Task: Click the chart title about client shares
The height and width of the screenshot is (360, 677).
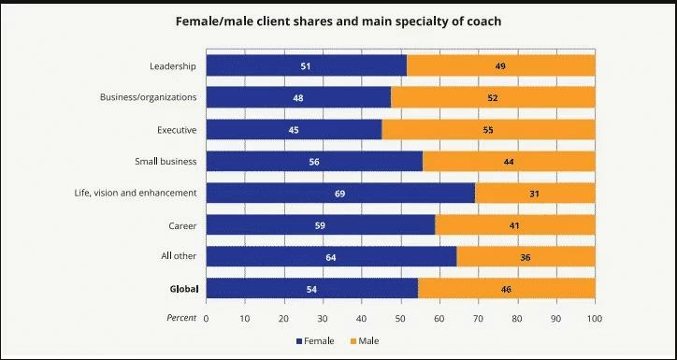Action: pos(338,21)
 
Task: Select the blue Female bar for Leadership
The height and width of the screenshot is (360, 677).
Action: pos(306,65)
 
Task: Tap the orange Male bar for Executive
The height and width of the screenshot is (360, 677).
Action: pos(488,130)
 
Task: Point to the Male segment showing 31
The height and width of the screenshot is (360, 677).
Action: pos(536,194)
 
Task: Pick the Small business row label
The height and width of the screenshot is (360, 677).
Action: pos(165,161)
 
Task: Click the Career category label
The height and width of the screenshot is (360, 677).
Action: pos(182,224)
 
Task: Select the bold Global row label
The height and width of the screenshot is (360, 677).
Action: pos(182,289)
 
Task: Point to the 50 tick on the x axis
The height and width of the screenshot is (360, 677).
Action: pos(400,318)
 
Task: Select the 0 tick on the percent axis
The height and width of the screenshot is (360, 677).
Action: pos(206,318)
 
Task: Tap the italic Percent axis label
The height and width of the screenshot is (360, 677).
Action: pos(181,318)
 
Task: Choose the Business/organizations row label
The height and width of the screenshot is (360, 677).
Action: pos(148,97)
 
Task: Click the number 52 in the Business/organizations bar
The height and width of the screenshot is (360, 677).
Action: pos(494,97)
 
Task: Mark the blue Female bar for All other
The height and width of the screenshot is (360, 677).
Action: pos(331,257)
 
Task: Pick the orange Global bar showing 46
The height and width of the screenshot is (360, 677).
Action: pos(506,290)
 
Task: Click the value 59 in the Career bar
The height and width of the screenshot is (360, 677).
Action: pos(321,225)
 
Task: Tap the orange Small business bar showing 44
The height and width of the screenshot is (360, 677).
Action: pos(509,162)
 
